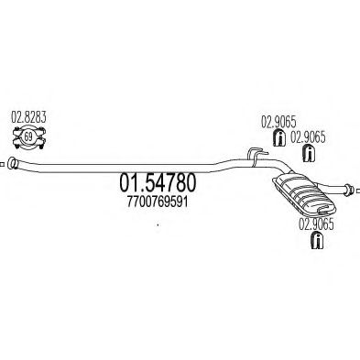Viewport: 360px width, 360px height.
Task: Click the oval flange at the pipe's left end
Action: point(12,165)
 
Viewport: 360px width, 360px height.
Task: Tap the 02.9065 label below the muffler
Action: point(314,220)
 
